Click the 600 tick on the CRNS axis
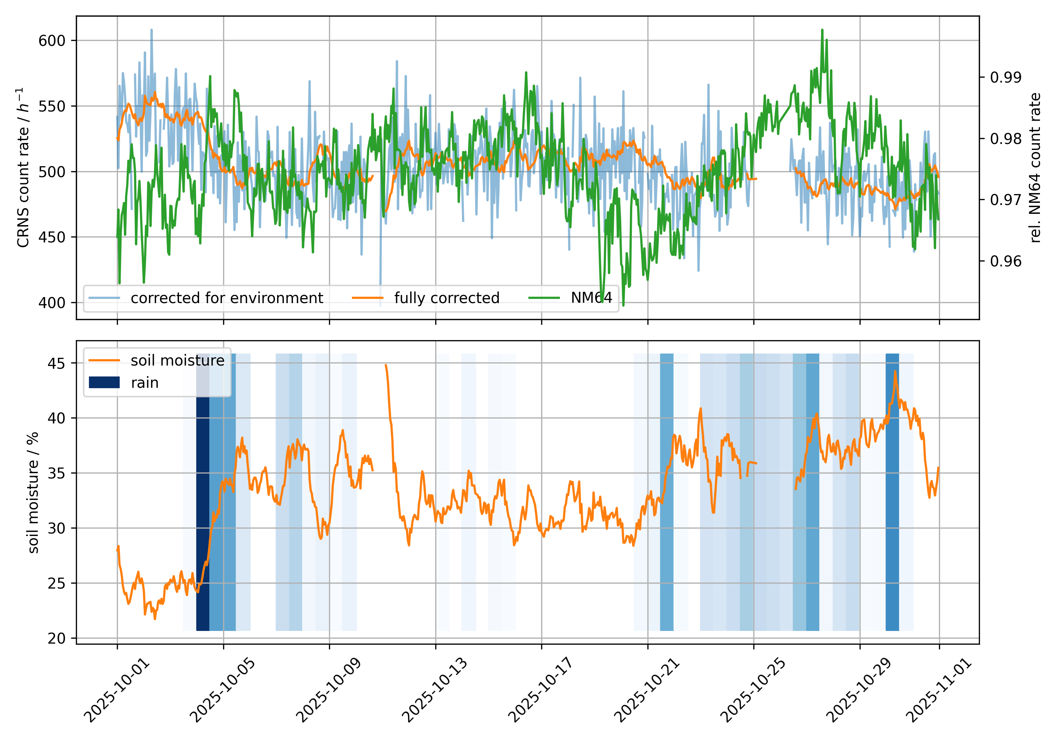[52, 41]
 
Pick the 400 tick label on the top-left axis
[52, 303]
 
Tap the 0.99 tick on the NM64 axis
[1005, 77]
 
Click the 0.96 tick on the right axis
[1005, 261]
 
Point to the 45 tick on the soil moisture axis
[56, 363]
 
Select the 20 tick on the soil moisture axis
[56, 639]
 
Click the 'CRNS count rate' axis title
[23, 167]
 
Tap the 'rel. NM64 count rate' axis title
[1035, 167]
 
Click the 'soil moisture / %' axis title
[33, 493]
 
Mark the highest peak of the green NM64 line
[822, 30]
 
